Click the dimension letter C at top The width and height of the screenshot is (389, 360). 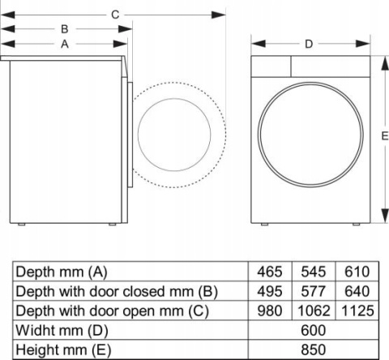(x=115, y=14)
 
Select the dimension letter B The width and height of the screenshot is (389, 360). (x=63, y=29)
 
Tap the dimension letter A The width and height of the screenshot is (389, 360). (x=63, y=45)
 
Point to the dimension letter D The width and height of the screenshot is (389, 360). (x=309, y=44)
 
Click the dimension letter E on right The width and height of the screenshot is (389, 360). (x=384, y=137)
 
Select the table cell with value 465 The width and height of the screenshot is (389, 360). (x=270, y=272)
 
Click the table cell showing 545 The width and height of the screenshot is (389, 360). (x=312, y=272)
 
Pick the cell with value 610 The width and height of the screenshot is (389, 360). (x=355, y=272)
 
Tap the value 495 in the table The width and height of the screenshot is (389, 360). (x=270, y=291)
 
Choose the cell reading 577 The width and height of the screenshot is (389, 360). (x=312, y=291)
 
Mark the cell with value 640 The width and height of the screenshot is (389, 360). (x=355, y=291)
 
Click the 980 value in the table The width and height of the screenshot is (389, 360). (x=270, y=311)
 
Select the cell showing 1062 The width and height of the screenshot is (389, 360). (x=312, y=311)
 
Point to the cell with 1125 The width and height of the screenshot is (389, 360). (x=355, y=311)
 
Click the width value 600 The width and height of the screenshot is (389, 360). (x=313, y=330)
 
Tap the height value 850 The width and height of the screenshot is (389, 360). (x=313, y=349)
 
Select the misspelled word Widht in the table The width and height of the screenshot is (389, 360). (x=36, y=330)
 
